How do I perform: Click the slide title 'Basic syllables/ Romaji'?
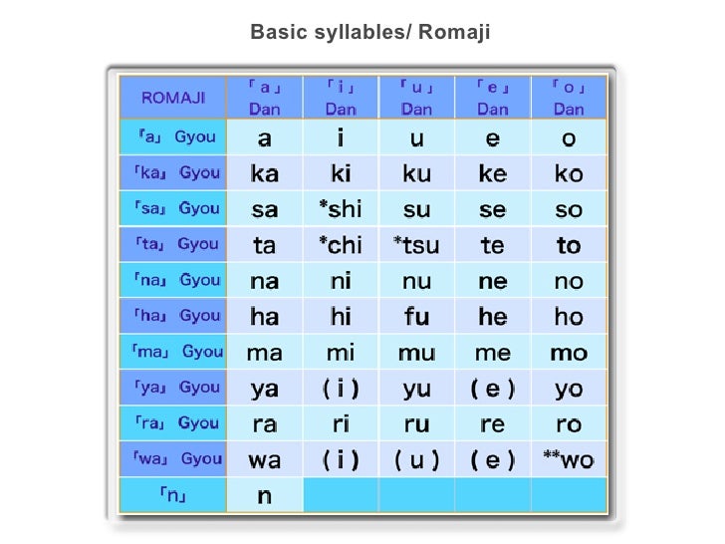(370, 34)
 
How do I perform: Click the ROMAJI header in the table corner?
(173, 98)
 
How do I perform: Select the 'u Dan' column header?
(416, 98)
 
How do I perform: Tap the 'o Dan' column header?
(569, 98)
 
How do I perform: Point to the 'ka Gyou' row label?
(173, 173)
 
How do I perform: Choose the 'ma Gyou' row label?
(173, 352)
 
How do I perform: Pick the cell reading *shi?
(341, 209)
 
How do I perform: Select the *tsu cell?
(416, 245)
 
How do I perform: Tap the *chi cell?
(341, 245)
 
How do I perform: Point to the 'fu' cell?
(416, 317)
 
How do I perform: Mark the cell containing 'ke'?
(493, 173)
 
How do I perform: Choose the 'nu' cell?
(416, 281)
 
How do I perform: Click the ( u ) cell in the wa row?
(416, 459)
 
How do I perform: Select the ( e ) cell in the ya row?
(493, 388)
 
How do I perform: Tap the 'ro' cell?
(569, 423)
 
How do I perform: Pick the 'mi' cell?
(341, 353)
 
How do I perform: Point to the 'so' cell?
(569, 209)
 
